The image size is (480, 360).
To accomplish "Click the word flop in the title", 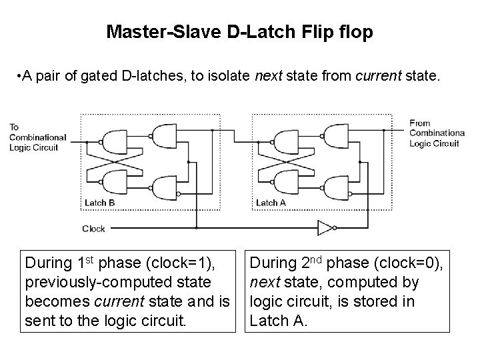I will (x=355, y=31).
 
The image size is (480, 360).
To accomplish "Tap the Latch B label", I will (x=100, y=203).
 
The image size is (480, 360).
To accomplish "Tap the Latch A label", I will (x=271, y=203).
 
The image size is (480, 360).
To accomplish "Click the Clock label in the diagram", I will (x=93, y=229).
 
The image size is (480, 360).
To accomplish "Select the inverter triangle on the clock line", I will (x=324, y=229).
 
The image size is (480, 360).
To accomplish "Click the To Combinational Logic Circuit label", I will (x=37, y=137).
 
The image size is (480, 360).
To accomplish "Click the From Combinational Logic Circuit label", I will (x=434, y=133).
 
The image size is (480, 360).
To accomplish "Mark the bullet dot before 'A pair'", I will (x=17, y=77).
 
